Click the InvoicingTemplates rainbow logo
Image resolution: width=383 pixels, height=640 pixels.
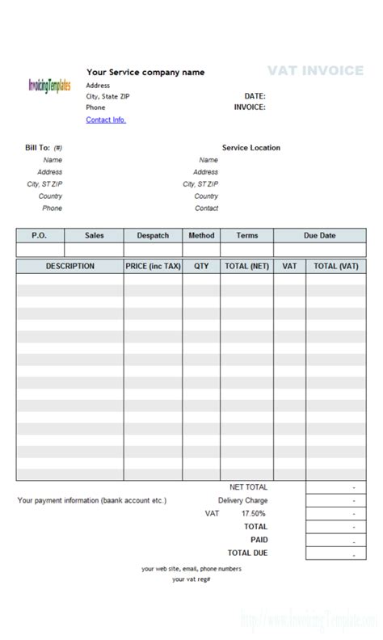click(x=49, y=85)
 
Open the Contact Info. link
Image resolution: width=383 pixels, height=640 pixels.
click(x=106, y=120)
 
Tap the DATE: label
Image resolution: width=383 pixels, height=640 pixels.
click(x=255, y=95)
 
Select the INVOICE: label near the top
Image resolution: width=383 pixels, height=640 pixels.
click(x=250, y=107)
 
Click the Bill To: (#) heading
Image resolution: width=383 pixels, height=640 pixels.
click(x=44, y=148)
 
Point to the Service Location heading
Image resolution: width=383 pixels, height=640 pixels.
click(x=251, y=148)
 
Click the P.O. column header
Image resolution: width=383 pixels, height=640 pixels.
click(x=39, y=235)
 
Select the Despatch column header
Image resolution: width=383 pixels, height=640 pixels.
click(x=153, y=235)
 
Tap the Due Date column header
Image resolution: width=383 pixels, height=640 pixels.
click(x=319, y=235)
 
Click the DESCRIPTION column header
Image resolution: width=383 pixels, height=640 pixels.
click(x=69, y=266)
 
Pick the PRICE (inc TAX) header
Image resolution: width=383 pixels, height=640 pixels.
click(x=153, y=266)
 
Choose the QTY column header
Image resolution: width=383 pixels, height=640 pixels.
click(x=201, y=266)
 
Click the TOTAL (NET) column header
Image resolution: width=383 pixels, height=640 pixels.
click(x=246, y=266)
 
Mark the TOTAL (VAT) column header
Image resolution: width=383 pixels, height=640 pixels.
click(x=335, y=266)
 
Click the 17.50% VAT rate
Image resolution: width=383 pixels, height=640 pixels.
click(x=255, y=513)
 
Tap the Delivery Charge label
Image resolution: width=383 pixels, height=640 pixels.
click(x=242, y=500)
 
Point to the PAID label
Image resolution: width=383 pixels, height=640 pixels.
click(x=259, y=539)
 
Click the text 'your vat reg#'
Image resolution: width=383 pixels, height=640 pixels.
click(x=191, y=579)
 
